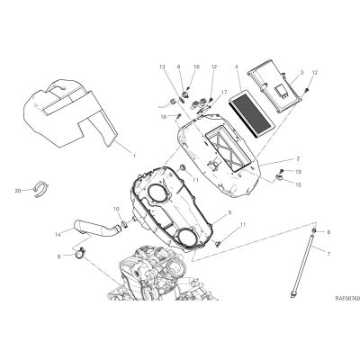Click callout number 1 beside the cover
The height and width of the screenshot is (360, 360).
[134, 156]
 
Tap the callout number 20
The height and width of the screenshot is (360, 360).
[18, 191]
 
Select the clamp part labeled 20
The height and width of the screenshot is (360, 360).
[41, 190]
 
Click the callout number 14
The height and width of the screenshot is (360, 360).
[58, 234]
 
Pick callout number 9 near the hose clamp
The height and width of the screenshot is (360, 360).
[58, 256]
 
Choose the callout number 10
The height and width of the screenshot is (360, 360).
[117, 209]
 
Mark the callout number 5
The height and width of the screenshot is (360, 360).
[229, 212]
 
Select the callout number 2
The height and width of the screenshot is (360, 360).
[298, 158]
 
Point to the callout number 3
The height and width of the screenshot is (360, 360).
[302, 73]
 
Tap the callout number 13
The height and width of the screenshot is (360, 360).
[162, 67]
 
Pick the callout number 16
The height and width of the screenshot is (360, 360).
[196, 67]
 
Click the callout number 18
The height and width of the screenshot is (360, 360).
[164, 117]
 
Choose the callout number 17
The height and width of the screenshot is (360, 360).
[225, 93]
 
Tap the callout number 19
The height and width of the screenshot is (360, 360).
[298, 172]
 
